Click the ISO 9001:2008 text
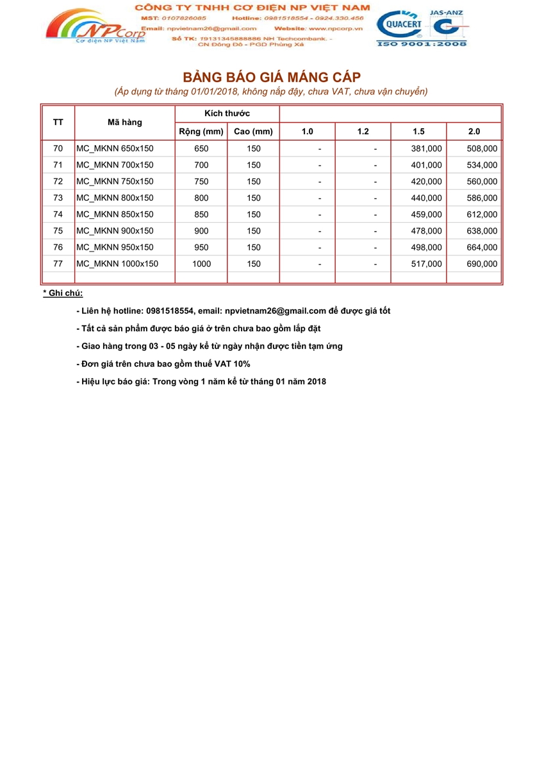click(x=422, y=44)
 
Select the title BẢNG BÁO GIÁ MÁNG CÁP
click(x=272, y=77)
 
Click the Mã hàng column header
click(x=125, y=122)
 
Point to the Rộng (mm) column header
click(x=201, y=132)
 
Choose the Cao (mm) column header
click(x=254, y=132)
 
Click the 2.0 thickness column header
click(x=474, y=132)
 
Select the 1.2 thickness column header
click(x=363, y=132)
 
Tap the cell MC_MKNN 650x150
click(x=115, y=148)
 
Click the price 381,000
click(x=426, y=148)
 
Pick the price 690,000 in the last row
click(x=482, y=264)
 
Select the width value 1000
click(x=201, y=264)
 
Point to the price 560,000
click(x=482, y=182)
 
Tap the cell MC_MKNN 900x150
click(x=115, y=230)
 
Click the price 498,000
click(x=426, y=247)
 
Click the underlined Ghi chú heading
click(x=63, y=293)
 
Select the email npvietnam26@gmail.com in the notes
click(x=276, y=311)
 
